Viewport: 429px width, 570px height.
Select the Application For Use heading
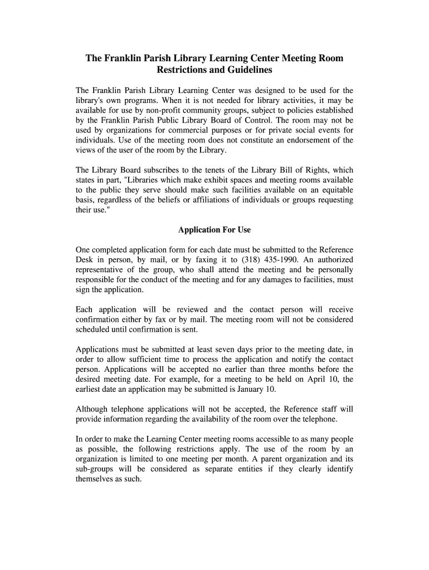pos(214,230)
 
